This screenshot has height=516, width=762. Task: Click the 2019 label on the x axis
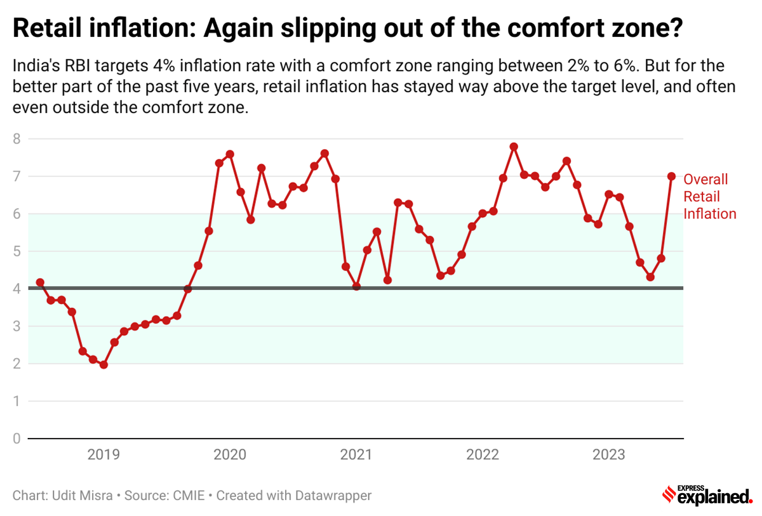pos(103,454)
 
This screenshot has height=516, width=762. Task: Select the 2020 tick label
pos(229,454)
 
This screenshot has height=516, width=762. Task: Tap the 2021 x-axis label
pos(356,454)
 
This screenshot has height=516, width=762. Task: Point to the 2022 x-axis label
pos(482,454)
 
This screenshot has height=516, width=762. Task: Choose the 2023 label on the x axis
pos(608,454)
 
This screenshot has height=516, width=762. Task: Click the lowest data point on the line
pos(104,365)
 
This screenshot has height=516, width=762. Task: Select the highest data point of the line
pos(514,147)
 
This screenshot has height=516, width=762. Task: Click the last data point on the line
pos(671,176)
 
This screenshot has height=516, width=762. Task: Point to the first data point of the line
pos(40,282)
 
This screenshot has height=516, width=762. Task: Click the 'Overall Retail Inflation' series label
pos(709,197)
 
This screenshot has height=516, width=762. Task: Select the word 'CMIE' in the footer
pos(189,495)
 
